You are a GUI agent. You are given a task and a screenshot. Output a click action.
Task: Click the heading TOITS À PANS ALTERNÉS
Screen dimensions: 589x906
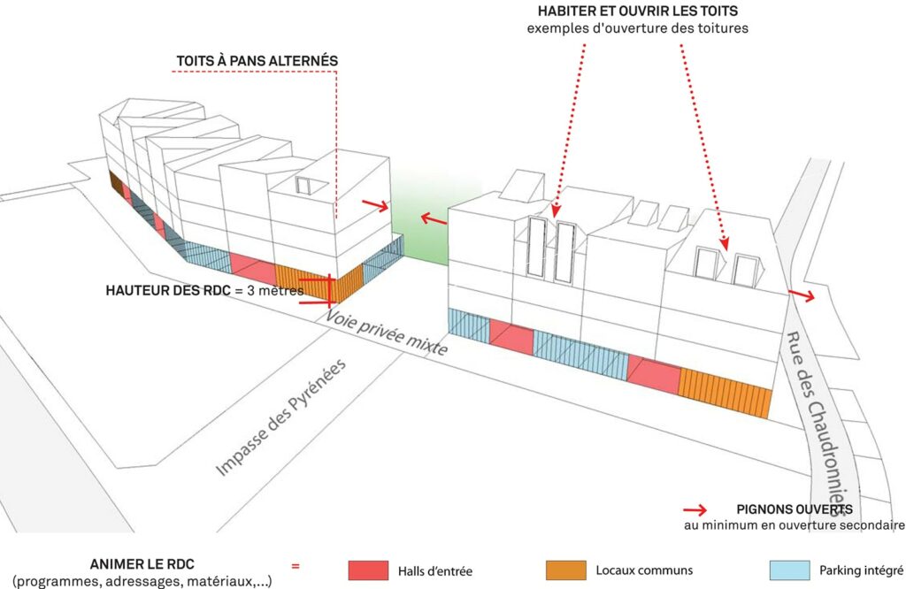[x=257, y=60]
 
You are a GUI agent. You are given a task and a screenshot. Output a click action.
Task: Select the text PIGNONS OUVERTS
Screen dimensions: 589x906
[x=795, y=509]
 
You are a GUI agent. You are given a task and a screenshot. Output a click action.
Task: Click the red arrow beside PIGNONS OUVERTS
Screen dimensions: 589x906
[x=695, y=510]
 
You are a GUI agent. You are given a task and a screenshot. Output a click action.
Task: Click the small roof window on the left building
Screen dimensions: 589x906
[x=303, y=186]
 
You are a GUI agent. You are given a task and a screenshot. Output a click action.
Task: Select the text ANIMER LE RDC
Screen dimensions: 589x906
[x=142, y=564]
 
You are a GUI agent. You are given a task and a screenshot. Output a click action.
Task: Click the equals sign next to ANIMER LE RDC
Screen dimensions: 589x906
[x=296, y=567]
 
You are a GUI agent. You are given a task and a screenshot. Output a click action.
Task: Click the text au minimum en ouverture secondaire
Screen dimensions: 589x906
[x=794, y=526]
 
